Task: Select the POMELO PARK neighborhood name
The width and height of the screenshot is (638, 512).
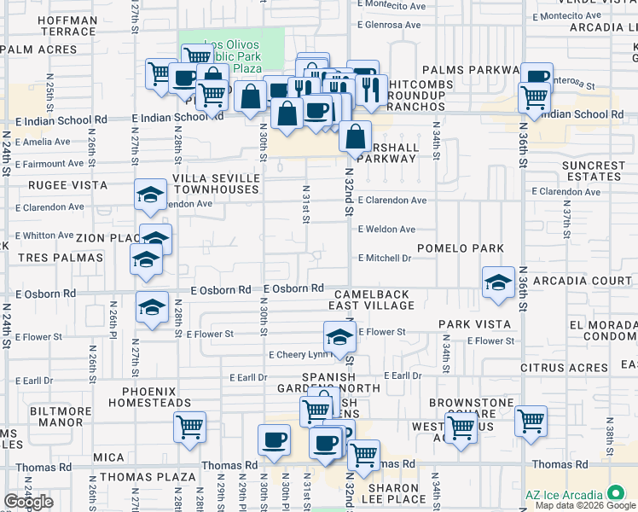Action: tap(460, 247)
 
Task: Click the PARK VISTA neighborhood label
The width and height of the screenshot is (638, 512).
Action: tap(475, 324)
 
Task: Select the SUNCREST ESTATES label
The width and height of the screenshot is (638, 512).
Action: tap(593, 171)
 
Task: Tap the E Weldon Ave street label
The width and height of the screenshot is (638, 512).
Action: tap(386, 229)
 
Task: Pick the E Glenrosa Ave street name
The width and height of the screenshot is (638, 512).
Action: tap(390, 25)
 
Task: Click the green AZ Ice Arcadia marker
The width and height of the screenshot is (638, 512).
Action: tap(614, 494)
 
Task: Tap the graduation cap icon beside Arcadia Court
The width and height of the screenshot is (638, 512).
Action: tap(498, 283)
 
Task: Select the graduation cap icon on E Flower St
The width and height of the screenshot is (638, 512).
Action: tap(339, 337)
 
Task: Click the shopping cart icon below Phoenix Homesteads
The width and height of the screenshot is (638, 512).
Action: tap(189, 428)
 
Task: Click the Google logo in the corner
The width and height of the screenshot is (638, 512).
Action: tap(29, 502)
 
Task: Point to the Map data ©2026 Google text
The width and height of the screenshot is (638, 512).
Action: tap(585, 505)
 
